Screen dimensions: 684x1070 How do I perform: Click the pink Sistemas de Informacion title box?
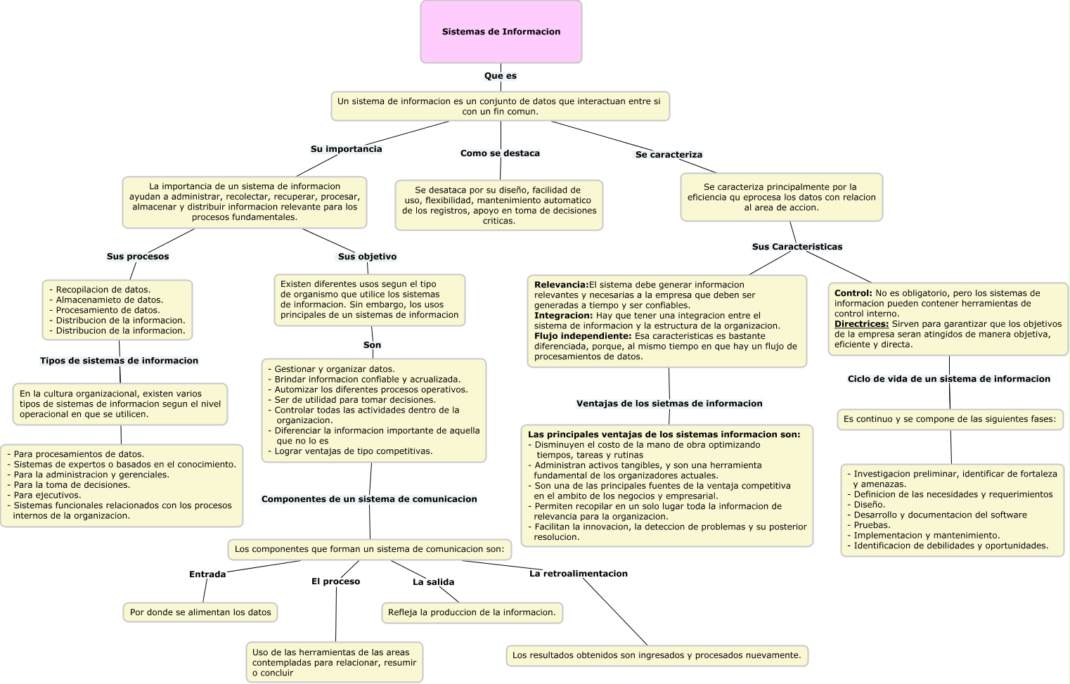(x=501, y=32)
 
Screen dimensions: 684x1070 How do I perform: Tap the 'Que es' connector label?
(x=501, y=76)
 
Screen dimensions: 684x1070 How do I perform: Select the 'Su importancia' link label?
(x=347, y=149)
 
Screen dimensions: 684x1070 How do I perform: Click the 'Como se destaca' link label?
(x=500, y=153)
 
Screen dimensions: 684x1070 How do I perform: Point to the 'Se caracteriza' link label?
(x=669, y=155)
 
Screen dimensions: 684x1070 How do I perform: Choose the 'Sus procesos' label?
(x=138, y=257)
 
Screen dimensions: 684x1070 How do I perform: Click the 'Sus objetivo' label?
(x=367, y=257)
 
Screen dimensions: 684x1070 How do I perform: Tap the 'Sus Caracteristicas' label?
(x=797, y=247)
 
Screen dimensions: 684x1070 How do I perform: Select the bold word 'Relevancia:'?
(x=561, y=285)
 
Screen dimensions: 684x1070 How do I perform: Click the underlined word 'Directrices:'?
(x=861, y=324)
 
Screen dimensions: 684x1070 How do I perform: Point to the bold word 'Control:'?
(x=853, y=293)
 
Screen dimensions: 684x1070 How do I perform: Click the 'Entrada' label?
(x=207, y=574)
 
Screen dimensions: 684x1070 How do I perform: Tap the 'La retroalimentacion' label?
(x=578, y=574)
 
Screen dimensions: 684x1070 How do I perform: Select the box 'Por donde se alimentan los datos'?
(x=200, y=612)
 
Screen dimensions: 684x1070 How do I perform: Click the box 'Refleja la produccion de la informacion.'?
(x=472, y=612)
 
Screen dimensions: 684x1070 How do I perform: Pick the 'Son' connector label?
(x=372, y=345)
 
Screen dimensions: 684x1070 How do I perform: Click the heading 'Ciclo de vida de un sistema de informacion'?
(x=948, y=379)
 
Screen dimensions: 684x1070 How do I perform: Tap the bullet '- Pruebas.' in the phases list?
(x=872, y=525)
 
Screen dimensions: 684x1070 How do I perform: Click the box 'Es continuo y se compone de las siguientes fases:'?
(x=949, y=419)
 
